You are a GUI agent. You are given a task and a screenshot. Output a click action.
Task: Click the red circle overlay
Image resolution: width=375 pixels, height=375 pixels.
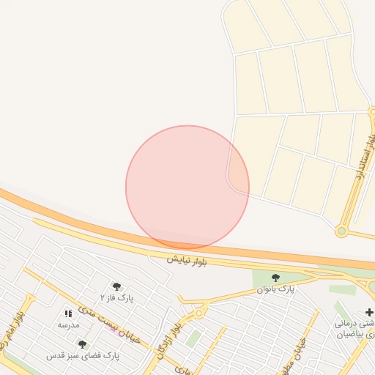click(187, 187)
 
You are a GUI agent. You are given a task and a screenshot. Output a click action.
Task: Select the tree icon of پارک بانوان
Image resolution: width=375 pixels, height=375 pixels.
click(275, 278)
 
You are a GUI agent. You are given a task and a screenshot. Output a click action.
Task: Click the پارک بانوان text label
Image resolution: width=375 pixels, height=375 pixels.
click(275, 289)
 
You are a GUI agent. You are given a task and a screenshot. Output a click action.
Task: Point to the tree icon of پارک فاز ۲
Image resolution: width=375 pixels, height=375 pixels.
click(116, 286)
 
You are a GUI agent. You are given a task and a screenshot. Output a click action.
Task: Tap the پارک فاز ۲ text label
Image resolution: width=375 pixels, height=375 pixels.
click(116, 298)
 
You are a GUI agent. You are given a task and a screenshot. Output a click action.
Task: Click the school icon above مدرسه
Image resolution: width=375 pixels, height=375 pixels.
click(68, 313)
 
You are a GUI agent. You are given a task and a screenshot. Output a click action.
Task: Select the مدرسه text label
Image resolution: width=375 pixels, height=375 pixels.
click(68, 324)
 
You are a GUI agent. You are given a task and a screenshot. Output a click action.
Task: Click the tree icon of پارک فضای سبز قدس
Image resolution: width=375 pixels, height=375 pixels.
click(82, 344)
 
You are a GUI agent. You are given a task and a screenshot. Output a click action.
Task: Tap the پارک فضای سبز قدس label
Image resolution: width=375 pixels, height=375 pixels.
click(82, 355)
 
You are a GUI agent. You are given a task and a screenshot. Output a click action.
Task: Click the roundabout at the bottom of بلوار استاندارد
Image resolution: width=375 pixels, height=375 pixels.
click(341, 231)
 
